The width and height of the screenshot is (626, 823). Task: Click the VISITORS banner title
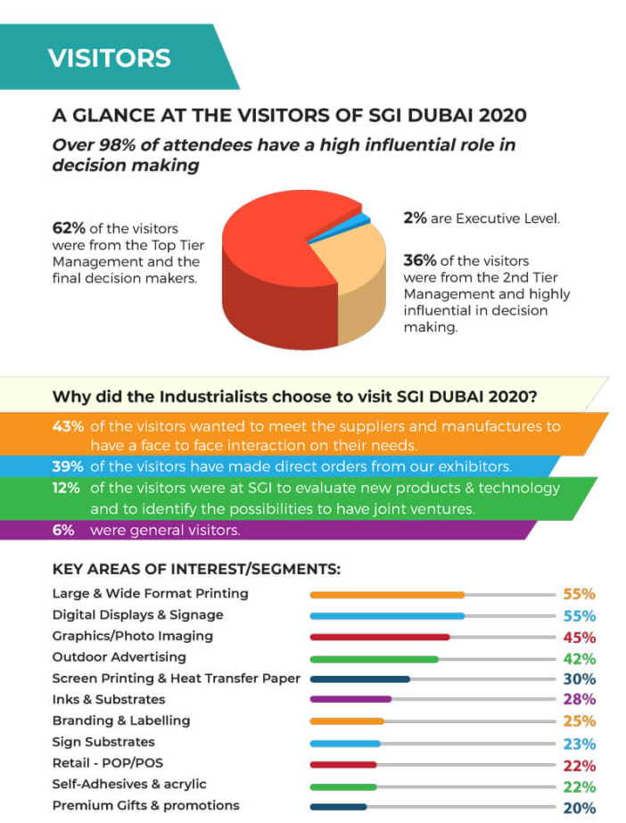109,58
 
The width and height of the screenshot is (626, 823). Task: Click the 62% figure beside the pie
69,227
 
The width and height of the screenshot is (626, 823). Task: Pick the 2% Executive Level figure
416,218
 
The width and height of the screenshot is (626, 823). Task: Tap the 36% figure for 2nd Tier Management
420,260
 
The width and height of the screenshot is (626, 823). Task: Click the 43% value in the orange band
68,426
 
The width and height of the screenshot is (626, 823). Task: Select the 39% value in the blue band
68,465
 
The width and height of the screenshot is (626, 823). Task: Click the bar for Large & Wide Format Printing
387,595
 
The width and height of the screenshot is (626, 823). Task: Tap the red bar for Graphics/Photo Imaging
379,638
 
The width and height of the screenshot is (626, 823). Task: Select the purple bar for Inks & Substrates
350,699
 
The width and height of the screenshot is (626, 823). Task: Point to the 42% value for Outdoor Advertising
580,659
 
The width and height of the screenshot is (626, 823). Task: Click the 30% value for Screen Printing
580,679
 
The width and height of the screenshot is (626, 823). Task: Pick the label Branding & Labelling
121,720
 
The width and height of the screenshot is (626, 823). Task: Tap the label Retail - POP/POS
108,762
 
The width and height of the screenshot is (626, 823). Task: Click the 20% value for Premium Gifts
580,808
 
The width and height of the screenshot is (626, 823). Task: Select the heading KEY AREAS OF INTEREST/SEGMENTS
197,569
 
